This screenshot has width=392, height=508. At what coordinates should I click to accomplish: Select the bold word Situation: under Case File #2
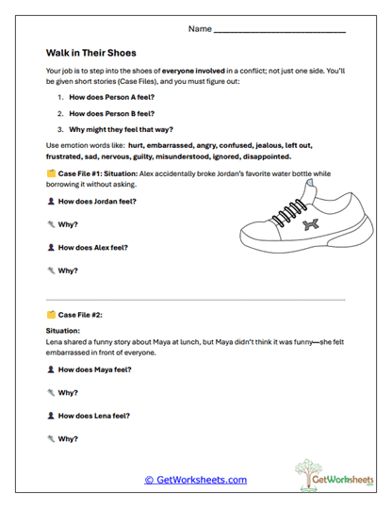65,331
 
